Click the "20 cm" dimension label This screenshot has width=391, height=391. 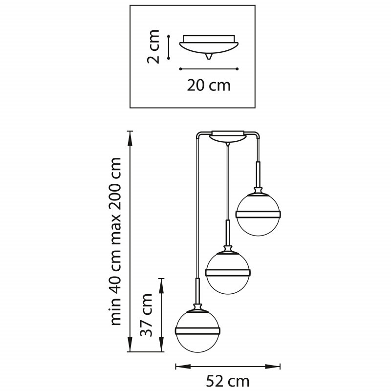(209, 85)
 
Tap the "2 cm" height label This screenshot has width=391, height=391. (153, 46)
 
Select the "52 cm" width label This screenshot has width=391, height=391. (228, 381)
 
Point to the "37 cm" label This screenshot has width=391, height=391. (146, 315)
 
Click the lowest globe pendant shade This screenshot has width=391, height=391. (197, 331)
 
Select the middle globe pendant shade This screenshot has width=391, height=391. (228, 273)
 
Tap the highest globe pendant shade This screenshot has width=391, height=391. (259, 215)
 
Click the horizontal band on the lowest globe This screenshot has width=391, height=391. (197, 331)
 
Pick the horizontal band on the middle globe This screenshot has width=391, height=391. (228, 272)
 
